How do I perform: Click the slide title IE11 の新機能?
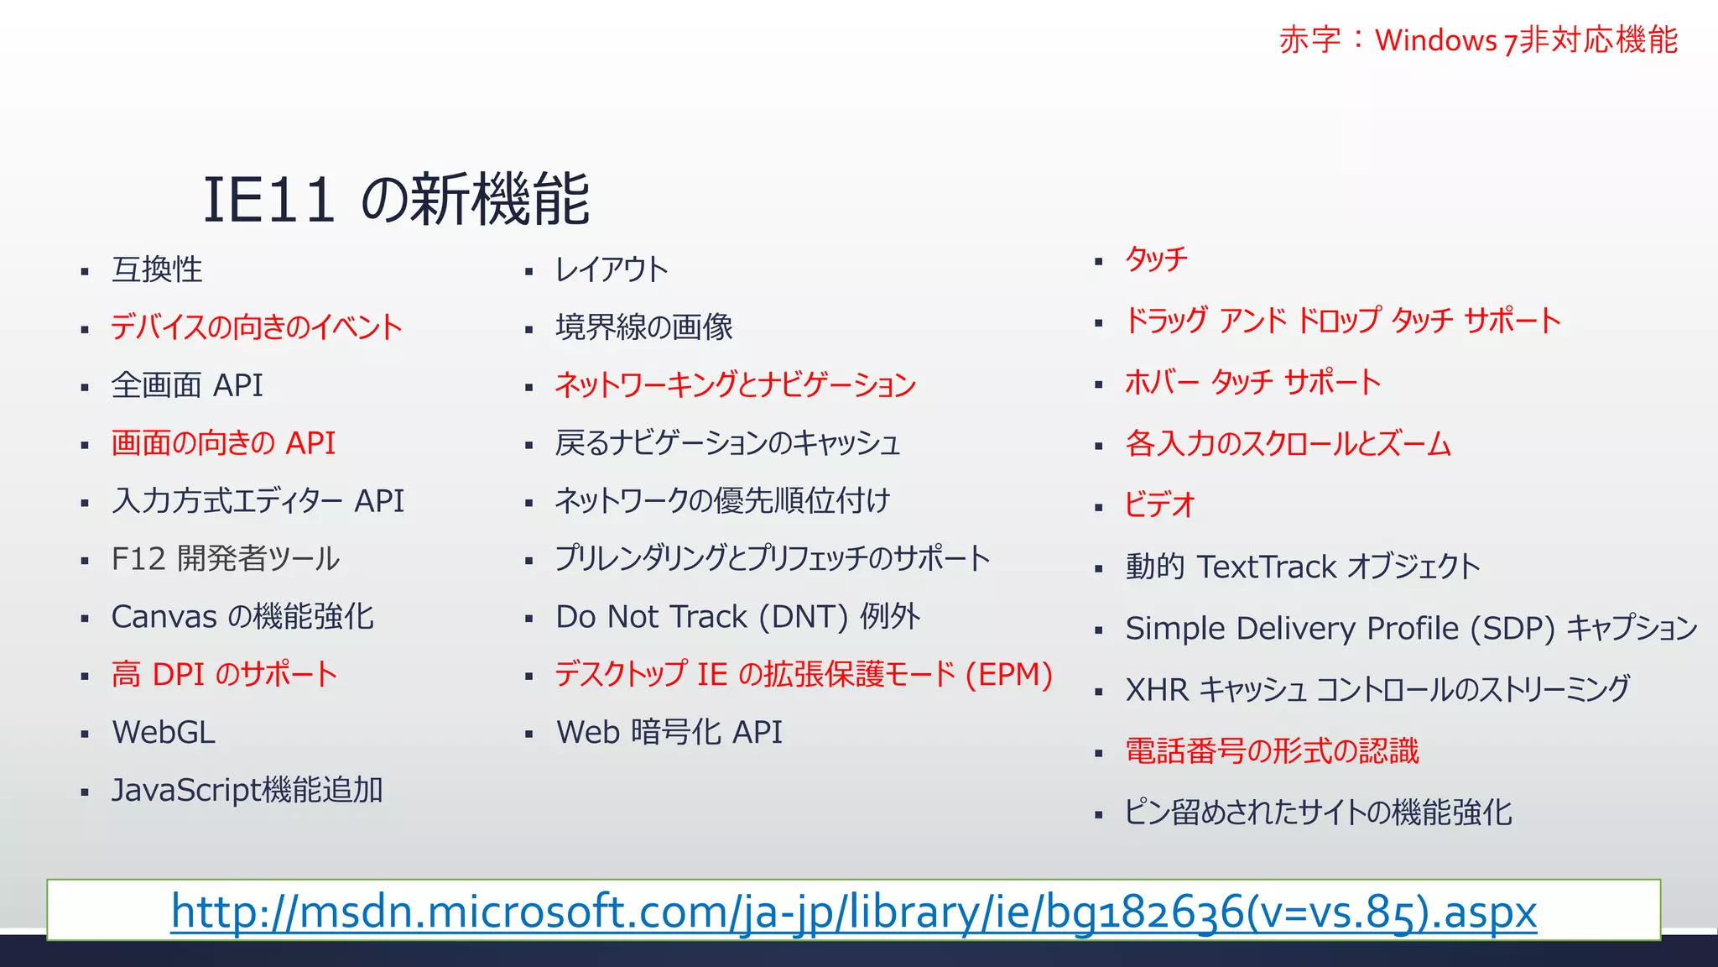[396, 200]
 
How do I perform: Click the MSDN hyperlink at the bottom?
[853, 912]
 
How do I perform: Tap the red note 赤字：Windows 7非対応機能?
[1478, 40]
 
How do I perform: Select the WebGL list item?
[164, 733]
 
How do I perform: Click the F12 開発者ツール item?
[225, 559]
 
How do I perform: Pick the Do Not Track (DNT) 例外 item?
[737, 617]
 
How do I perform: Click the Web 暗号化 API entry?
[669, 733]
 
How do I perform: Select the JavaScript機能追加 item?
[247, 791]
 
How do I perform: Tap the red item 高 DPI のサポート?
[224, 675]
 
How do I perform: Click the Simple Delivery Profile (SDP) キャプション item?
[1411, 629]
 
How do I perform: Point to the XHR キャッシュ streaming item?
[1377, 690]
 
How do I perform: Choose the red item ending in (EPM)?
[803, 675]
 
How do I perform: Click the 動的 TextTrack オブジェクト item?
[1302, 567]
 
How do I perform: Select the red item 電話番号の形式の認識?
[1272, 751]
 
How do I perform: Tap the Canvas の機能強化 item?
[242, 617]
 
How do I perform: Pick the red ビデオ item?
[1159, 505]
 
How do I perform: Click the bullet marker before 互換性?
[85, 272]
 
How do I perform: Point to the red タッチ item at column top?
[1156, 259]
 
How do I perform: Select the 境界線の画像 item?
[643, 327]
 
